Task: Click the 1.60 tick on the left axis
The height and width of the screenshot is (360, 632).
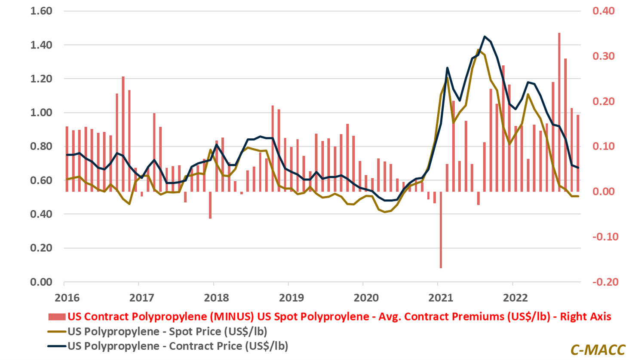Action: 41,11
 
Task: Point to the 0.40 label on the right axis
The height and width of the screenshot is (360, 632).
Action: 603,11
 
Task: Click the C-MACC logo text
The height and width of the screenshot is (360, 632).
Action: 598,350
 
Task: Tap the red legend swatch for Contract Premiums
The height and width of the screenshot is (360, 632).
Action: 57,317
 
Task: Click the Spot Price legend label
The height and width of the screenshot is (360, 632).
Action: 167,332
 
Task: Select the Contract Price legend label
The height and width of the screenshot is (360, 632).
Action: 178,346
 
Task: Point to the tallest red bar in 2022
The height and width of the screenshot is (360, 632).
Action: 559,112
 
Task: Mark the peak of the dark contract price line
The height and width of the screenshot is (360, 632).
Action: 485,37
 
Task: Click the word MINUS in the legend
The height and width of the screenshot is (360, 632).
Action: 232,317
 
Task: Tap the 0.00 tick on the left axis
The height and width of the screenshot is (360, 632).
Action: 41,282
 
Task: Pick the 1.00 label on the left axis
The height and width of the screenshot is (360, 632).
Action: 41,113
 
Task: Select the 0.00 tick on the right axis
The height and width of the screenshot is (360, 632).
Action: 603,192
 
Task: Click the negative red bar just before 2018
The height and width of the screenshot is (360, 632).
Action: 210,205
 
